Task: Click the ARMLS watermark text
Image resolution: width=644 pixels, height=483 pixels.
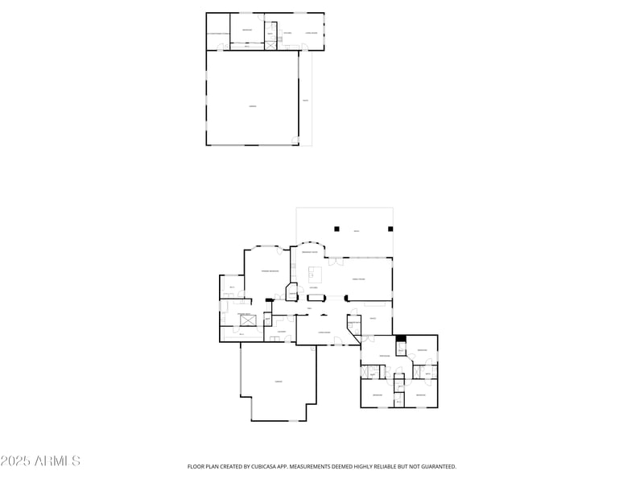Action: click(40, 460)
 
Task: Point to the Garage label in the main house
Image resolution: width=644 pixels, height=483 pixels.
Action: click(279, 381)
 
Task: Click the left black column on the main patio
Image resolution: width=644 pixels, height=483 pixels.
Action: click(337, 229)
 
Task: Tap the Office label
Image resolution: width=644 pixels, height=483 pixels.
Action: click(373, 319)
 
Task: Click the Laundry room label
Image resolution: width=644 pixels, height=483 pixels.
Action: click(282, 331)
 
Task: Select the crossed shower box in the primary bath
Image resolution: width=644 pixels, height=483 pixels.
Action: click(249, 321)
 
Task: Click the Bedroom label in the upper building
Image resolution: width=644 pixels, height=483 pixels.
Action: click(247, 30)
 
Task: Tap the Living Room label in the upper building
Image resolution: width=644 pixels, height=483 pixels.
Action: click(310, 33)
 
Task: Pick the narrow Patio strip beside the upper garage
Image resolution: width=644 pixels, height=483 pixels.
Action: click(305, 101)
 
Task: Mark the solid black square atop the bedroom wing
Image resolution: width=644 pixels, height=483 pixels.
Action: click(400, 340)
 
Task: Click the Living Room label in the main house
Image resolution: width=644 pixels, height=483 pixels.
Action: click(324, 332)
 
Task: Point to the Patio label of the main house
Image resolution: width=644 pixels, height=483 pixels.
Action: click(357, 231)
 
